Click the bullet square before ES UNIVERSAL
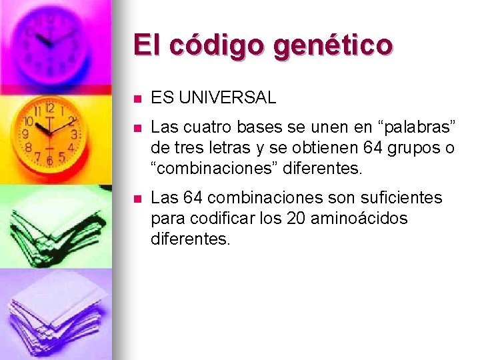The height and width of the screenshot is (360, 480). pyautogui.click(x=137, y=99)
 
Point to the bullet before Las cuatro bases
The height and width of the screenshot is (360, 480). pyautogui.click(x=137, y=127)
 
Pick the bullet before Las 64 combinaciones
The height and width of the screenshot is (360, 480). pyautogui.click(x=137, y=198)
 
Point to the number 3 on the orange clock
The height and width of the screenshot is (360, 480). pyautogui.click(x=75, y=134)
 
